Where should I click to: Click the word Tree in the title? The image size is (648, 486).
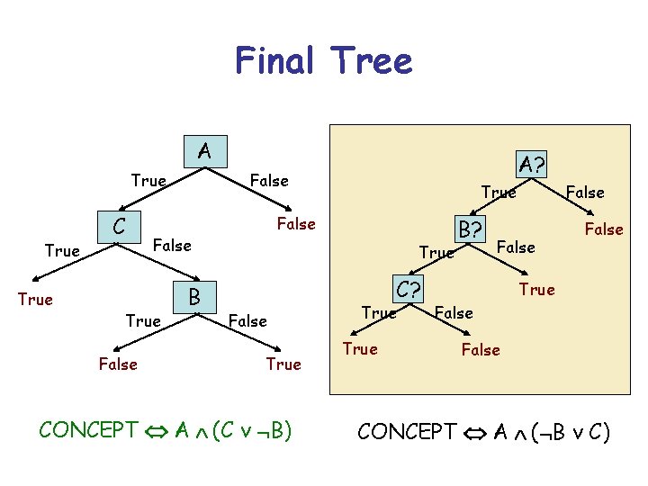tap(372, 61)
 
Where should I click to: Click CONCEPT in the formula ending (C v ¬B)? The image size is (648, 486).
tap(88, 429)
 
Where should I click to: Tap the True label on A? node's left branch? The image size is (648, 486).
tap(499, 192)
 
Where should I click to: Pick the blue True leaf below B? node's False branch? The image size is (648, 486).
tap(537, 289)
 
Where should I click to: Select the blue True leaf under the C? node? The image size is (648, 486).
tap(360, 348)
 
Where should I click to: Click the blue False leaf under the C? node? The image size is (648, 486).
tap(480, 350)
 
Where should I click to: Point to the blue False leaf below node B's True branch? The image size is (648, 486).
tap(118, 364)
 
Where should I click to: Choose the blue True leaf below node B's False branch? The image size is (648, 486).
tap(283, 364)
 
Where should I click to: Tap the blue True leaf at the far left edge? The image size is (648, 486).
tap(35, 299)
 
